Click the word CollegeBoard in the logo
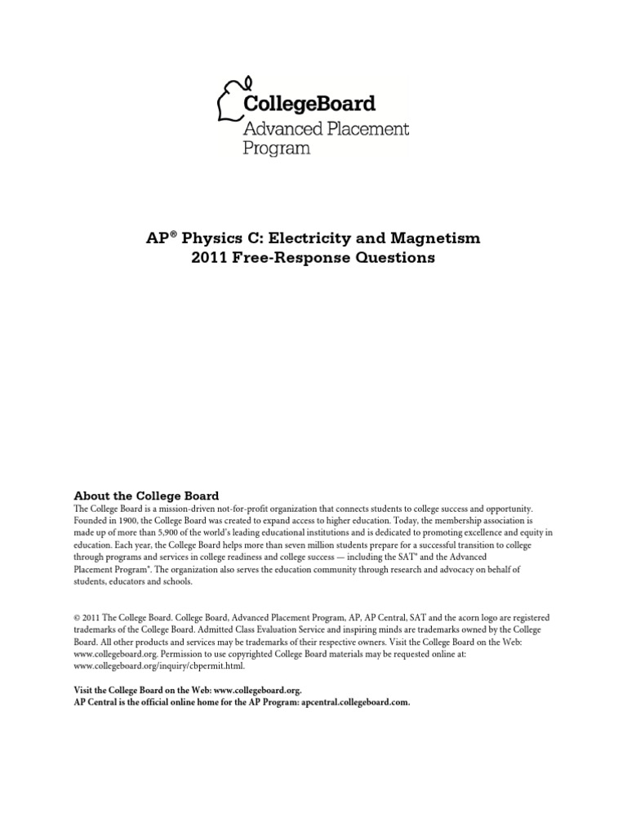(x=309, y=104)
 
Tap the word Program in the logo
(x=277, y=149)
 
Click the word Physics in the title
(x=197, y=238)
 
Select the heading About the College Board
(x=146, y=496)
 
